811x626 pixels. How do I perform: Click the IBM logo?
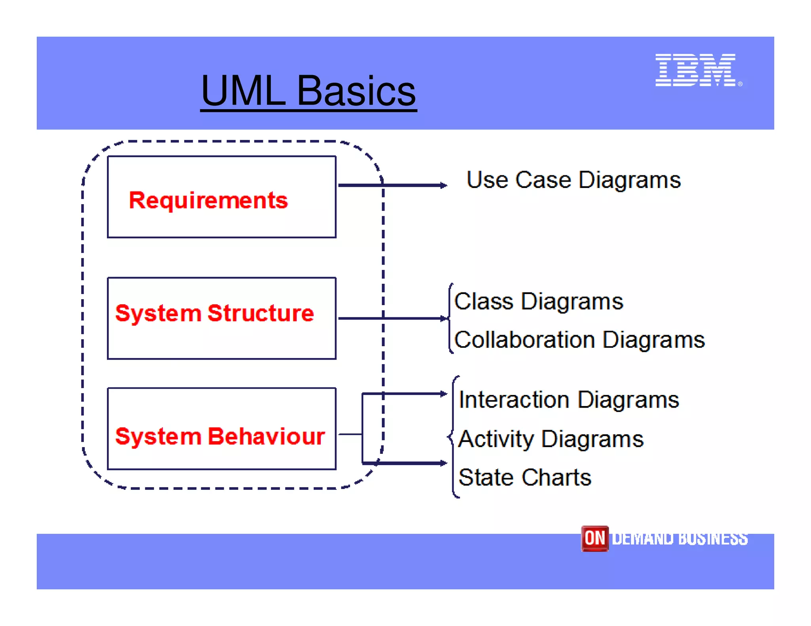point(696,70)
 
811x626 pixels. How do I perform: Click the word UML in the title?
point(243,91)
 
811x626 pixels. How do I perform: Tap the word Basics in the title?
point(356,91)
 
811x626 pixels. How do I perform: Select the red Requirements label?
point(208,200)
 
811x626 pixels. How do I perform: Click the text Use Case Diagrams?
point(573,180)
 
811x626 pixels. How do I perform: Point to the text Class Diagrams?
point(539,302)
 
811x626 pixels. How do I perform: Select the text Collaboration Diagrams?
point(579,340)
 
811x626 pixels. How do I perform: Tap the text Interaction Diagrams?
point(569,400)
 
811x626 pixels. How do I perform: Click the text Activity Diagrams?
point(551,439)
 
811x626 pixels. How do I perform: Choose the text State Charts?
point(525,477)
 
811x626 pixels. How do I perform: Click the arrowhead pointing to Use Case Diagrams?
point(444,185)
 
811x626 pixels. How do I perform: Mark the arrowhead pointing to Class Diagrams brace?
point(444,318)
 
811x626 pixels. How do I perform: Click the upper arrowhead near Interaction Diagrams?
point(444,394)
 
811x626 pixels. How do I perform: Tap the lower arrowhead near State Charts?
point(444,463)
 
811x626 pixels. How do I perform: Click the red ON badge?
point(594,538)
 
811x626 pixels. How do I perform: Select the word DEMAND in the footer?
point(643,539)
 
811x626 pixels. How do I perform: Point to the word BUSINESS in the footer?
point(713,539)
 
